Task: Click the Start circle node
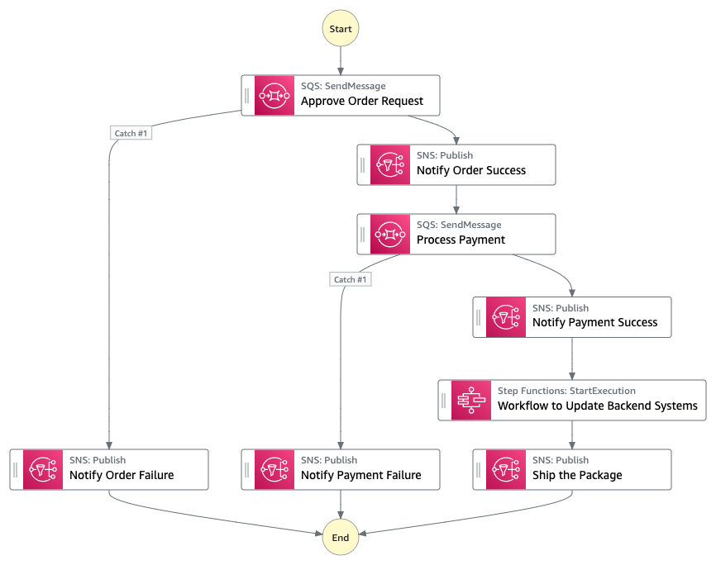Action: pyautogui.click(x=341, y=29)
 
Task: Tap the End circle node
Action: pyautogui.click(x=341, y=537)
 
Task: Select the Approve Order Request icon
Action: pyautogui.click(x=274, y=95)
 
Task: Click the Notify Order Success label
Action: pyautogui.click(x=470, y=171)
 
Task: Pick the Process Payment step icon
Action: pyautogui.click(x=390, y=234)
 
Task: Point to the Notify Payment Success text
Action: pyautogui.click(x=594, y=323)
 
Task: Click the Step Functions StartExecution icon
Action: pyautogui.click(x=471, y=400)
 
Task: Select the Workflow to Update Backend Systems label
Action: pyautogui.click(x=597, y=406)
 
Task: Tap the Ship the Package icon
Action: pyautogui.click(x=506, y=469)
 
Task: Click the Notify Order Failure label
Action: pyautogui.click(x=122, y=476)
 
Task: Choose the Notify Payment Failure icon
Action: pyautogui.click(x=274, y=469)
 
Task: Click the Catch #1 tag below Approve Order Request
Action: pyautogui.click(x=131, y=133)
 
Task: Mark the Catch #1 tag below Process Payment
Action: pyautogui.click(x=350, y=279)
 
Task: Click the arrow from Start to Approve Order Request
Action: pyautogui.click(x=341, y=60)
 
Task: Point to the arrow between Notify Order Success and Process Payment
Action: pyautogui.click(x=456, y=199)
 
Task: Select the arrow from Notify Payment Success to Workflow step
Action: pyautogui.click(x=572, y=358)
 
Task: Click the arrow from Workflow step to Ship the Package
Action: pyautogui.click(x=572, y=434)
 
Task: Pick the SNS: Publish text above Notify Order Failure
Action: pyautogui.click(x=98, y=460)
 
